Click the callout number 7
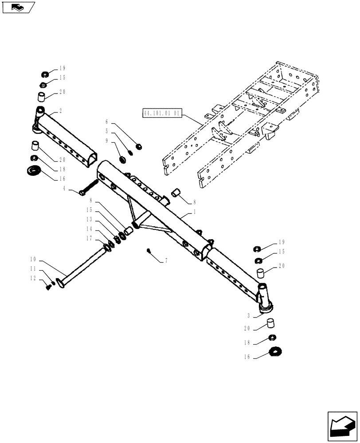click(166, 262)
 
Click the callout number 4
click(65, 189)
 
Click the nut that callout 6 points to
click(138, 147)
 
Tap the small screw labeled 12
click(49, 288)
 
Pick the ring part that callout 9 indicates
click(122, 159)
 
